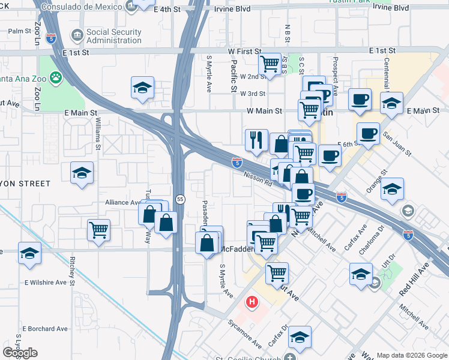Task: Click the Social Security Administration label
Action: point(114,36)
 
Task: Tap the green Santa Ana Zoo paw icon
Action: point(55,77)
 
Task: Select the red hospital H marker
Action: point(253,302)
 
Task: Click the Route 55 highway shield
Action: point(179,199)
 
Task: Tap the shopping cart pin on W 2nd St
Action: point(270,63)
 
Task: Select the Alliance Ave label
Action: point(122,203)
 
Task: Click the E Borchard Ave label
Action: point(45,329)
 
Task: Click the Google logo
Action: point(20,353)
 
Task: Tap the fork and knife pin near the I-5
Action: point(256,140)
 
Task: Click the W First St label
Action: point(246,52)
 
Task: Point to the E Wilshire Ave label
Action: point(45,282)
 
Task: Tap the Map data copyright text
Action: point(412,355)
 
